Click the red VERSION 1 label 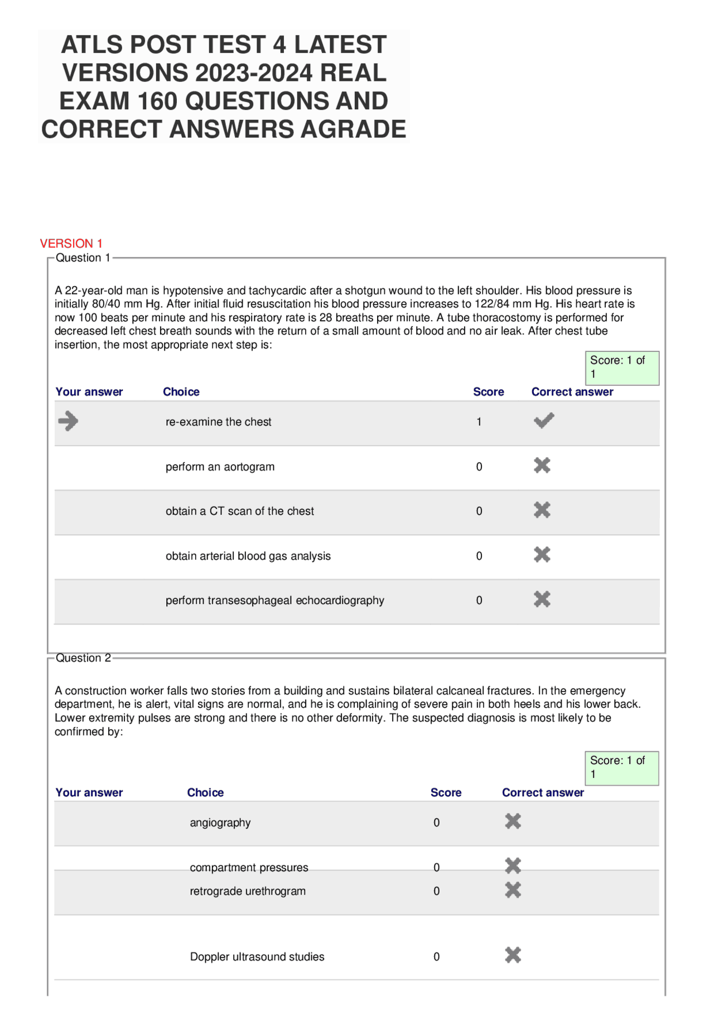click(71, 243)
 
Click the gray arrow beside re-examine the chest click(68, 421)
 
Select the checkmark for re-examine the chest click(543, 421)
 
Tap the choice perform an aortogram click(220, 467)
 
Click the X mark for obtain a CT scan click(542, 510)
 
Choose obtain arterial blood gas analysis click(248, 556)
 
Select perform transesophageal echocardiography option click(274, 601)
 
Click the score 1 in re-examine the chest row click(479, 422)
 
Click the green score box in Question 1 click(621, 368)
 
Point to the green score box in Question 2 click(621, 768)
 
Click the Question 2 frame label click(83, 658)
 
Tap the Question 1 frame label click(83, 258)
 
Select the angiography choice click(220, 823)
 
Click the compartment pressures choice click(249, 867)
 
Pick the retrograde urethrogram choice click(248, 891)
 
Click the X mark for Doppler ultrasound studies click(513, 955)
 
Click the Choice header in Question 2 click(205, 792)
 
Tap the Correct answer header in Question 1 click(572, 392)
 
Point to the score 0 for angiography click(436, 823)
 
